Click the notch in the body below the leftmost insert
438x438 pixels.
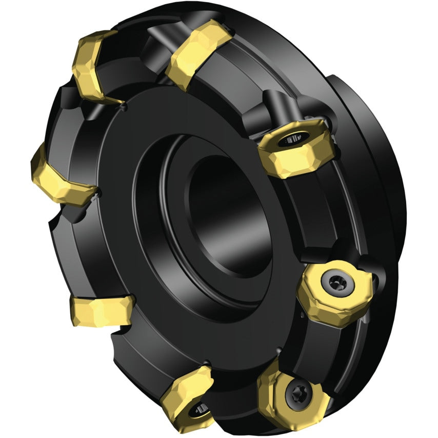click(x=56, y=223)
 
